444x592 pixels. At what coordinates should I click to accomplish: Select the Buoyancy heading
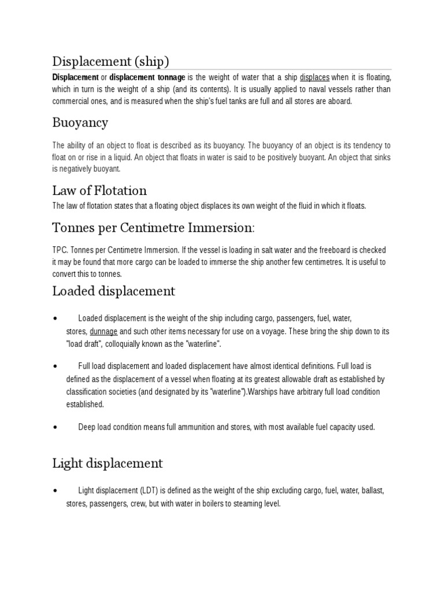[80, 123]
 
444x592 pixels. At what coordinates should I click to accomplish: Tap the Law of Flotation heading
[99, 190]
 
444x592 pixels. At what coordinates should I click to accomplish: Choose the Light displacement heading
[108, 463]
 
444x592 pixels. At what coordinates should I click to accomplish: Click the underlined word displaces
[314, 77]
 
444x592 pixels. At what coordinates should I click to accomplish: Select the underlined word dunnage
[104, 331]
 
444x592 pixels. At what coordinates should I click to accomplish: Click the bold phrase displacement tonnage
[147, 77]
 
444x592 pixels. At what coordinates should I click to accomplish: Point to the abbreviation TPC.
[60, 250]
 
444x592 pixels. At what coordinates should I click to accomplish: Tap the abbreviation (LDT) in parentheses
[148, 490]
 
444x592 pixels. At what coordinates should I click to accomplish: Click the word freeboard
[340, 250]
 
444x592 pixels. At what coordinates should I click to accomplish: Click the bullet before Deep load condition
[54, 427]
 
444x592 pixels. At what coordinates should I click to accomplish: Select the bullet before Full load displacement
[54, 366]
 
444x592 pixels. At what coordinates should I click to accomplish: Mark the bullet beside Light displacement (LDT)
[54, 490]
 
